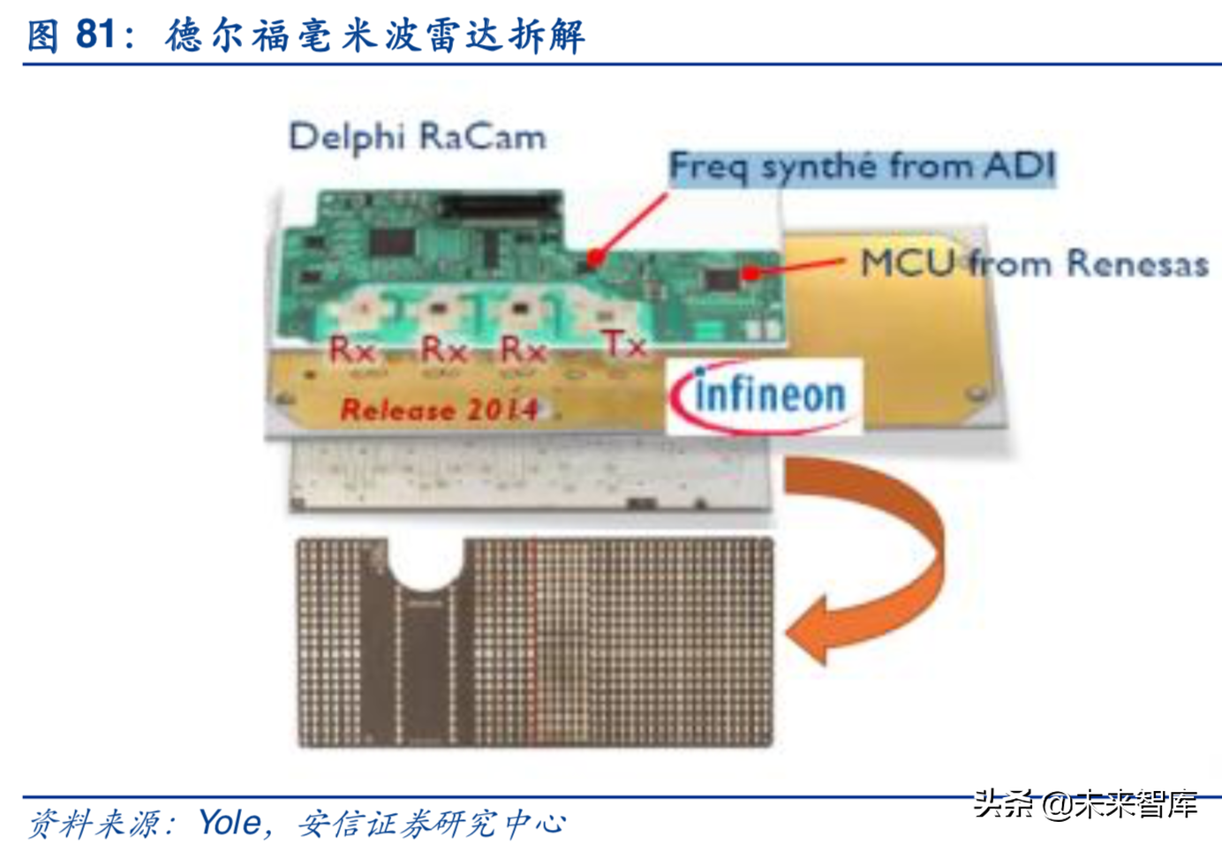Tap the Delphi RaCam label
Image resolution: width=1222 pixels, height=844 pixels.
(417, 138)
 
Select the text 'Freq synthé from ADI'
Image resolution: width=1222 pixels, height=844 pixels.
(861, 166)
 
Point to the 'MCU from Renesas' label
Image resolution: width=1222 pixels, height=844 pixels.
(1034, 263)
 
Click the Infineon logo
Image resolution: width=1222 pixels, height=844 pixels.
(764, 396)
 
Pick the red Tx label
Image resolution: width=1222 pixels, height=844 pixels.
(624, 344)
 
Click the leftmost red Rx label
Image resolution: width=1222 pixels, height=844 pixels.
(352, 350)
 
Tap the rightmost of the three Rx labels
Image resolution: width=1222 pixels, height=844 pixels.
(523, 350)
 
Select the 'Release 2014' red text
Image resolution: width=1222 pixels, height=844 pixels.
(439, 410)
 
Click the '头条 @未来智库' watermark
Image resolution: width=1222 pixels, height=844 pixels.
(1086, 803)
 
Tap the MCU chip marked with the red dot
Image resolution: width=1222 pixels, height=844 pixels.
(724, 279)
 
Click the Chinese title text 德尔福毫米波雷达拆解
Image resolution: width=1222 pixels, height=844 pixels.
(375, 35)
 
